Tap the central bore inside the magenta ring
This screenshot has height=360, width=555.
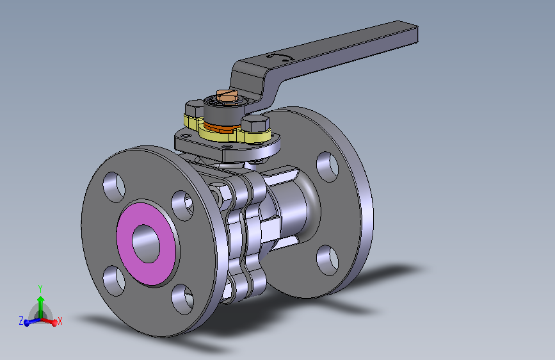(146, 244)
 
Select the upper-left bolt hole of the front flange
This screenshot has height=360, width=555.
(114, 188)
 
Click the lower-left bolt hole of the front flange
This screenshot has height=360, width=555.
(114, 281)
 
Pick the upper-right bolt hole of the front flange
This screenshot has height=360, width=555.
(182, 206)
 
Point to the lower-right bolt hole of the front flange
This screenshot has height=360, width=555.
(182, 299)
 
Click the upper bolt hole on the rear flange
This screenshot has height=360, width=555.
(327, 167)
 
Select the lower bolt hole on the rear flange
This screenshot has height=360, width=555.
(327, 261)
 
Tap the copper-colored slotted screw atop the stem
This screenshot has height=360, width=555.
(227, 95)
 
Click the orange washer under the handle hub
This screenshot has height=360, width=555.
(222, 126)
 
